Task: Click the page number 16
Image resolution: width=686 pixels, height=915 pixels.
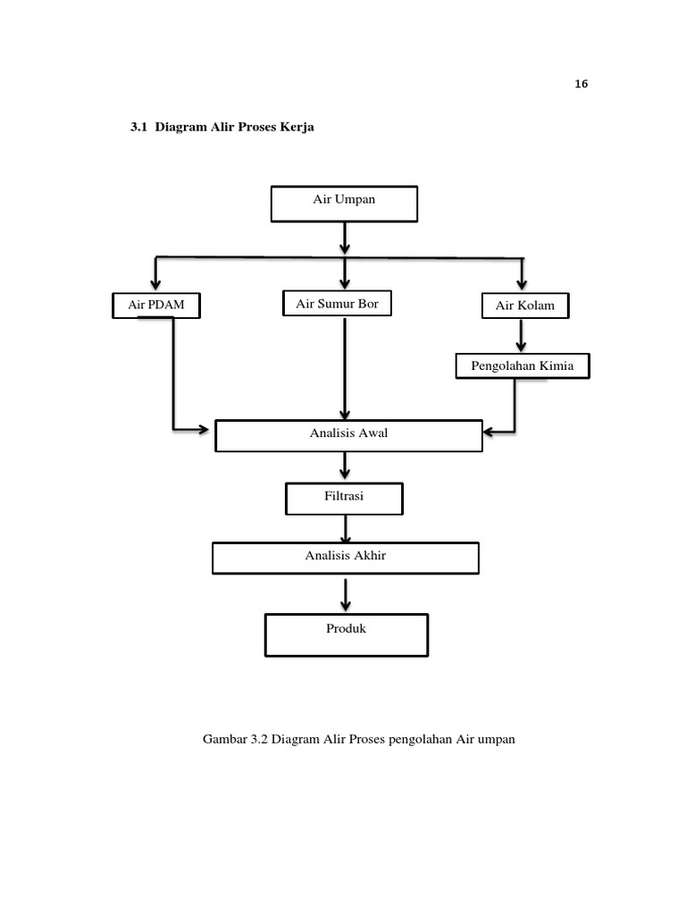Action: pyautogui.click(x=581, y=85)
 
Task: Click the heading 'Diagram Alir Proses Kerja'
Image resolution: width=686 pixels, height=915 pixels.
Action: pyautogui.click(x=235, y=128)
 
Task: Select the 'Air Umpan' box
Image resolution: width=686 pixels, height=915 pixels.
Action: pyautogui.click(x=344, y=202)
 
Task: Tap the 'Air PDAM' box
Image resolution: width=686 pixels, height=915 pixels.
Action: pyautogui.click(x=155, y=306)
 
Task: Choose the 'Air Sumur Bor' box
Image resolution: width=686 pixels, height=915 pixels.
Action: pyautogui.click(x=338, y=304)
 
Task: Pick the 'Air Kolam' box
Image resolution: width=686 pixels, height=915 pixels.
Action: pyautogui.click(x=524, y=306)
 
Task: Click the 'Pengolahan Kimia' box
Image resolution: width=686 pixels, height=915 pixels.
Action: pyautogui.click(x=523, y=365)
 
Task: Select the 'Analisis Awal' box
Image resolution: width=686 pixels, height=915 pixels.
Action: pyautogui.click(x=349, y=435)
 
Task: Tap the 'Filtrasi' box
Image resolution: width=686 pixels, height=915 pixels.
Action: pyautogui.click(x=344, y=498)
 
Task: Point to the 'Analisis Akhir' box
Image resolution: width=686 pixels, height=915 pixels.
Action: pyautogui.click(x=345, y=557)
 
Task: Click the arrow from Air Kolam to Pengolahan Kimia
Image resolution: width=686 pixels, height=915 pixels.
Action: pyautogui.click(x=523, y=336)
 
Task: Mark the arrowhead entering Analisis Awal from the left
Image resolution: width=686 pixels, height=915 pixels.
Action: pyautogui.click(x=208, y=430)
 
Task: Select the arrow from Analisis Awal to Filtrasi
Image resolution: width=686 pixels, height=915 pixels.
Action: pyautogui.click(x=345, y=466)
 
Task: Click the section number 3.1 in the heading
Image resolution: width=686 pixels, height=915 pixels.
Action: pyautogui.click(x=138, y=128)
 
